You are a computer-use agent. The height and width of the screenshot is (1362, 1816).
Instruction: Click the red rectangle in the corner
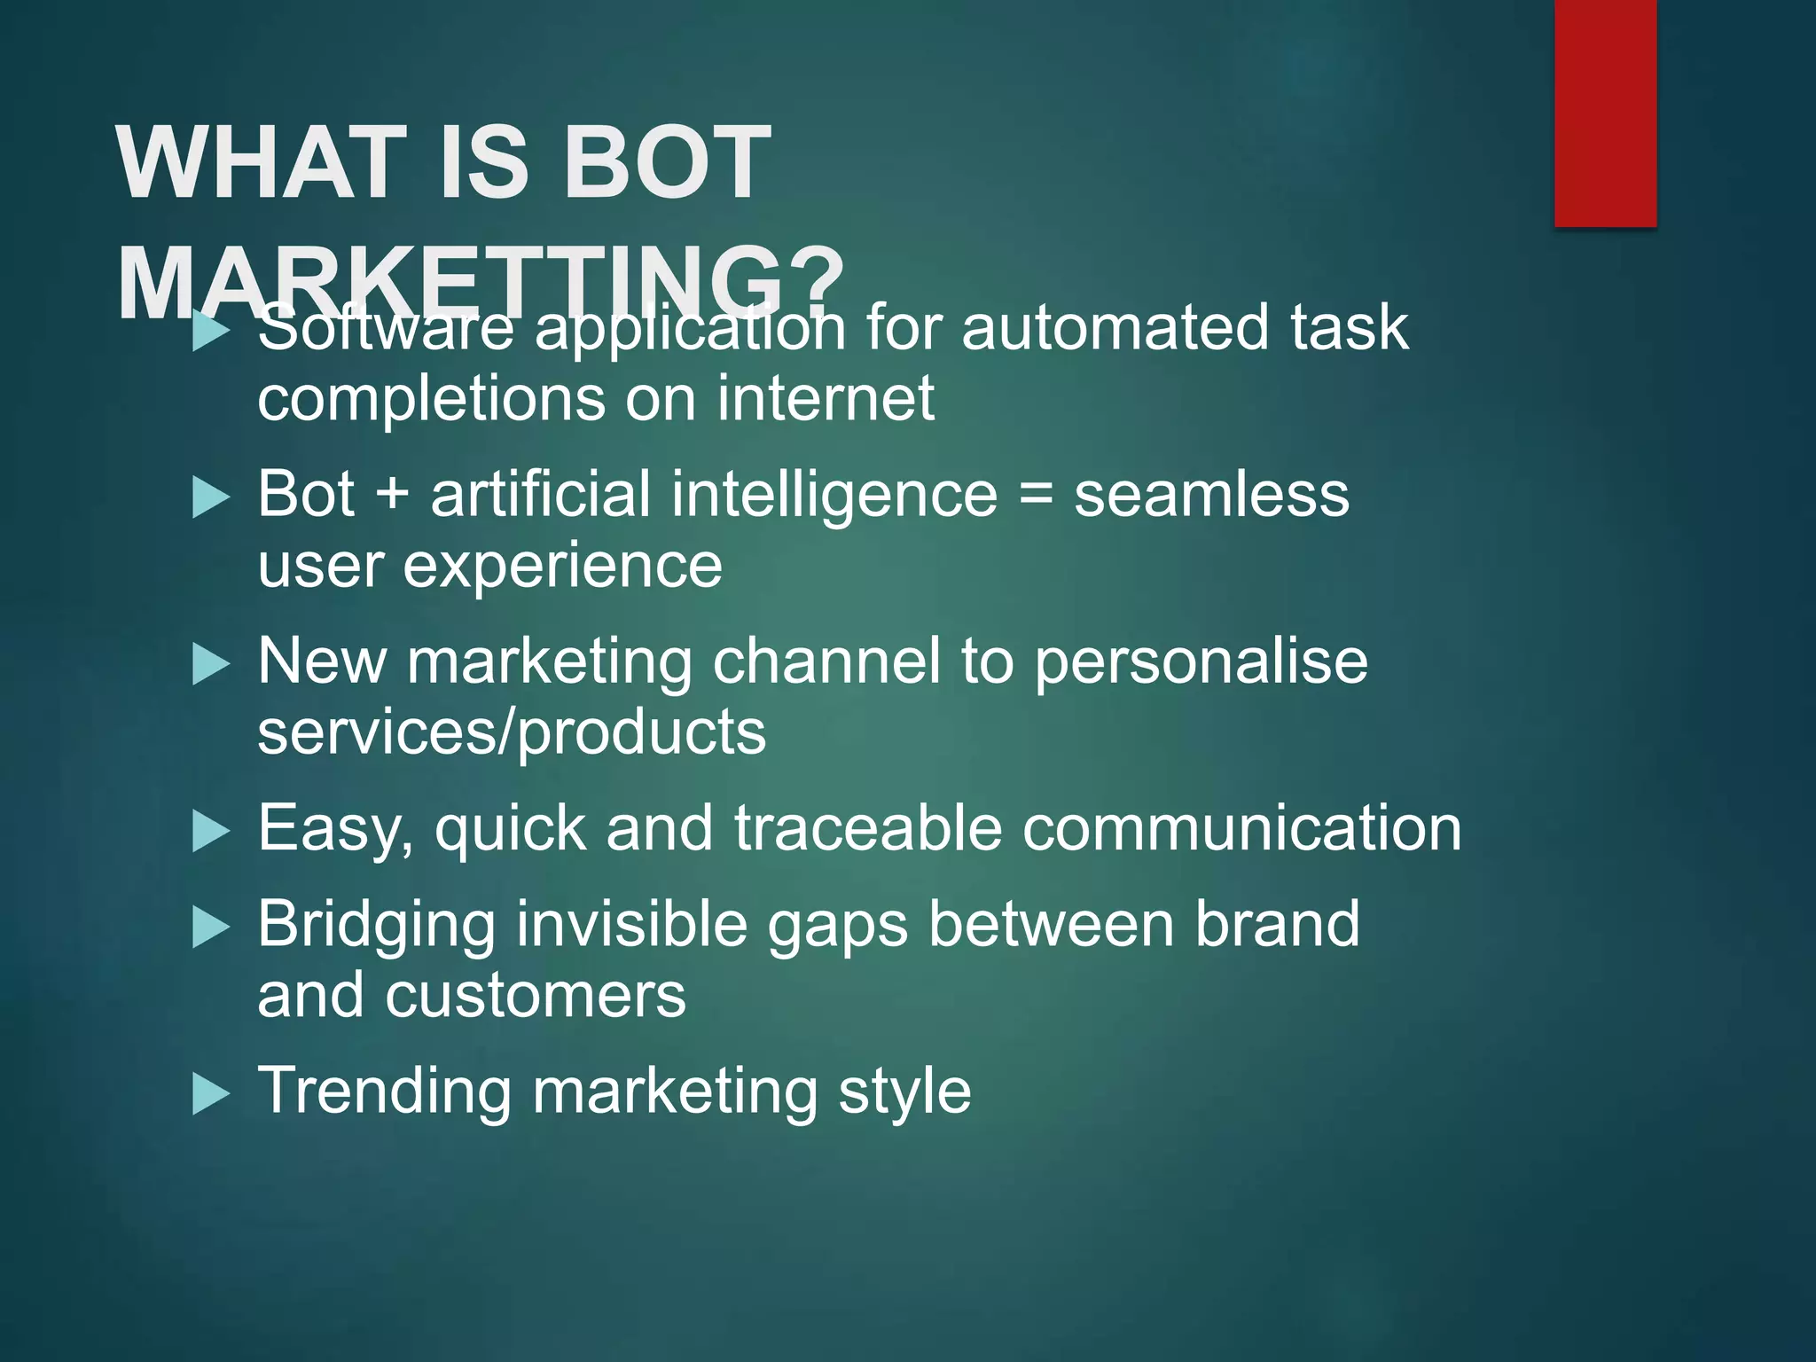click(x=1605, y=113)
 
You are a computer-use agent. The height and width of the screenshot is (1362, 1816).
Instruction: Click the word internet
click(x=826, y=399)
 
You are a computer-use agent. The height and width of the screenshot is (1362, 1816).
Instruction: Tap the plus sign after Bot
click(x=392, y=495)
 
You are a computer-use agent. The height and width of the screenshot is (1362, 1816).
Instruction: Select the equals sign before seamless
click(x=1035, y=495)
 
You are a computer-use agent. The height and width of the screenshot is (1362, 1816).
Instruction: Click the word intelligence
click(x=834, y=497)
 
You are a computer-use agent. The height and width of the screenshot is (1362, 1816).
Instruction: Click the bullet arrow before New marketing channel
click(x=211, y=665)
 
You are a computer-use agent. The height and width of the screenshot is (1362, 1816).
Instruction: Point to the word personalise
click(x=1201, y=663)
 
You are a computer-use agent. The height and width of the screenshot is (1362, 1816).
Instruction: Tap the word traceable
click(x=868, y=829)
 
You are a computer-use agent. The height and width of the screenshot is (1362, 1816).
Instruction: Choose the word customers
click(x=535, y=995)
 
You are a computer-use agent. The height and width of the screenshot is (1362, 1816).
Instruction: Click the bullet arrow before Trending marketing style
click(x=211, y=1094)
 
